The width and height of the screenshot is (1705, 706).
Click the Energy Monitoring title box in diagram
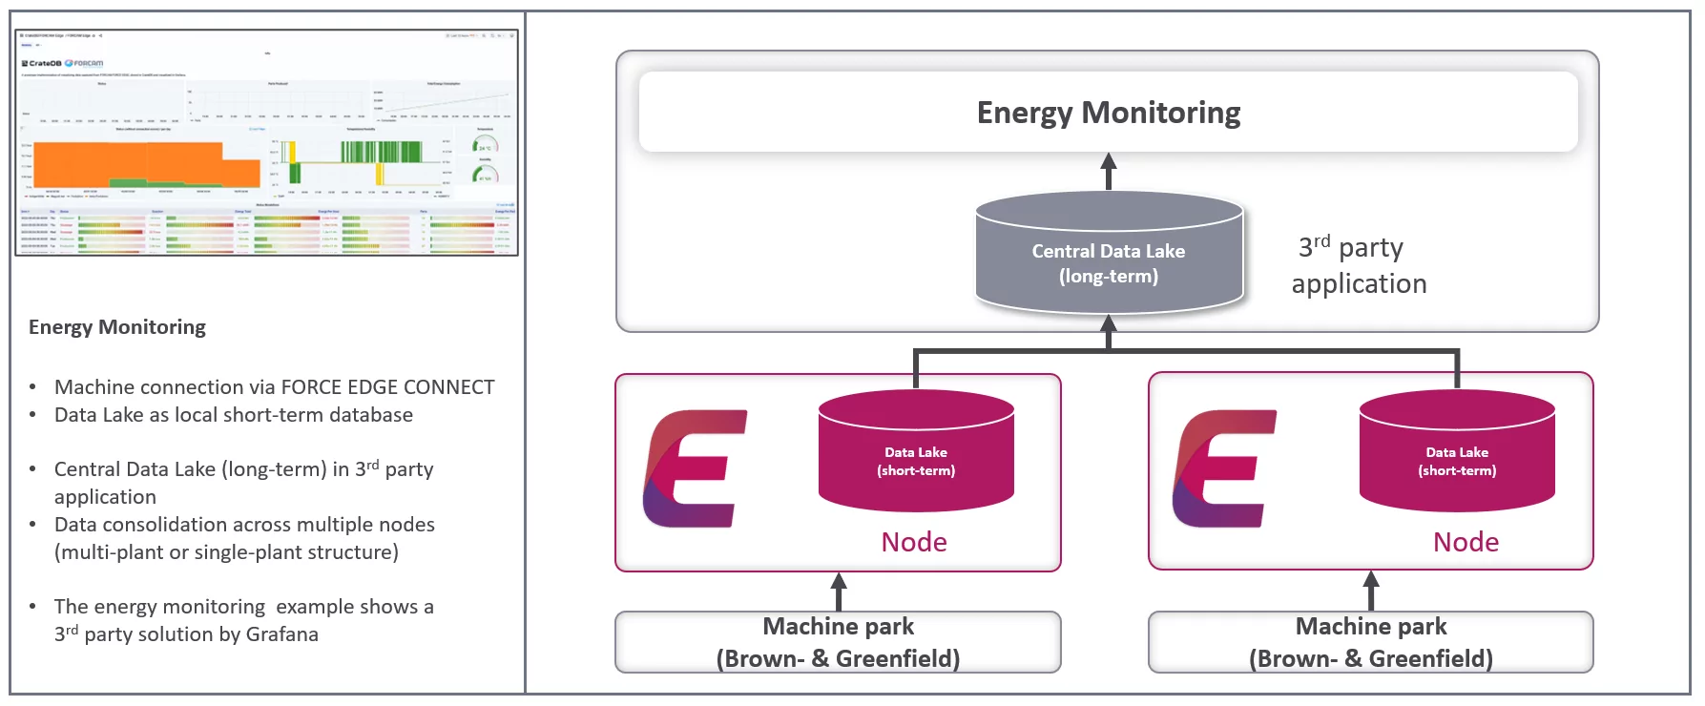(1108, 113)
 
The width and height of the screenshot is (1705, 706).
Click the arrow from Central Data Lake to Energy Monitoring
(1109, 172)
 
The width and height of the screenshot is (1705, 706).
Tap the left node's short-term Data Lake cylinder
(916, 453)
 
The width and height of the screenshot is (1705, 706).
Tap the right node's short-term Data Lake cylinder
(1457, 453)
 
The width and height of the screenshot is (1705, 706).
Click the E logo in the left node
(694, 468)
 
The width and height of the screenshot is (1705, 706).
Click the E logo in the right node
(1224, 468)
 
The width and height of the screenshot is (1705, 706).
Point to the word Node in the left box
(914, 542)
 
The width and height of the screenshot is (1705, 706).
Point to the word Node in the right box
(1466, 542)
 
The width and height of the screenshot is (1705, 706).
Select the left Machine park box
(838, 642)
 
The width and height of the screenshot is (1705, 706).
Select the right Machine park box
(1370, 642)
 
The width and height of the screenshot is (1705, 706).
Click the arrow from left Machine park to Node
(839, 592)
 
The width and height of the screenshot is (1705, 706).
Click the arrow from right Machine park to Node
(1371, 591)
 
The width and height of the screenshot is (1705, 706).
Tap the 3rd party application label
(1358, 266)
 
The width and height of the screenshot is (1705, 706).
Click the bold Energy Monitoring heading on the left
(117, 327)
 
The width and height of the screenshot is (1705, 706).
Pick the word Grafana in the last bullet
(281, 634)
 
